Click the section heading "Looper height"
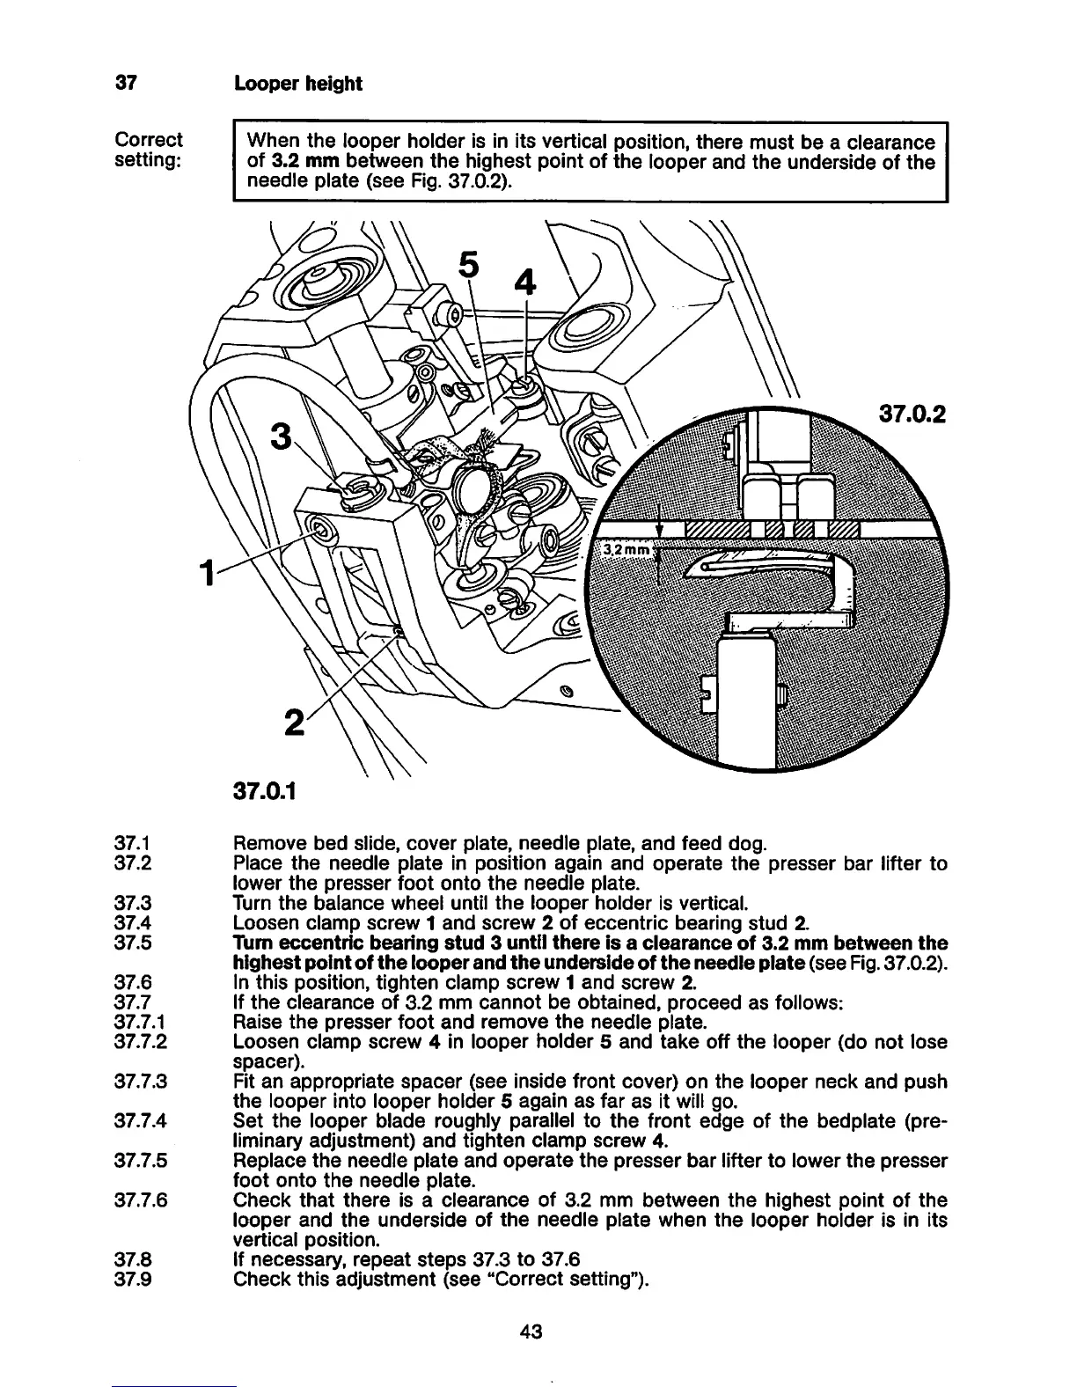tap(297, 84)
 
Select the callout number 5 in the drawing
tap(471, 265)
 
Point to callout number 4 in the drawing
tap(524, 283)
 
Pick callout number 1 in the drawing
tap(206, 574)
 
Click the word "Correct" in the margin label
tap(149, 140)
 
